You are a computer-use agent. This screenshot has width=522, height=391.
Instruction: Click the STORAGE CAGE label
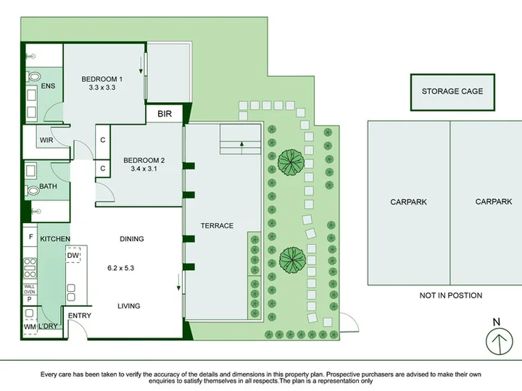(x=452, y=91)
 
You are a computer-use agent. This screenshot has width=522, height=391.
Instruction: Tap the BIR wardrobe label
(x=165, y=114)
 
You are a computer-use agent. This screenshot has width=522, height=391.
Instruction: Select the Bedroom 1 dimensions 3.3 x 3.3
(x=102, y=88)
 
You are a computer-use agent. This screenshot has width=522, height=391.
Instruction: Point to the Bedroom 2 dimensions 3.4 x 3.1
(x=144, y=169)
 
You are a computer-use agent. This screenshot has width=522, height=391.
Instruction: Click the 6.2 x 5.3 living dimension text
(x=120, y=268)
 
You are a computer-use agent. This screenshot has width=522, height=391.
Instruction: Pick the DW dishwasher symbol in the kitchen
(x=73, y=255)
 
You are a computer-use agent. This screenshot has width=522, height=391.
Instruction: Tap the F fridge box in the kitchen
(x=30, y=237)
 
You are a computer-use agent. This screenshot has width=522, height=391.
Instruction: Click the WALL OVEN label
(x=29, y=289)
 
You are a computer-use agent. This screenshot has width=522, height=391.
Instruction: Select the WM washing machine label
(x=30, y=327)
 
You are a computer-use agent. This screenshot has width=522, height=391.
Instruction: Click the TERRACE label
(x=217, y=226)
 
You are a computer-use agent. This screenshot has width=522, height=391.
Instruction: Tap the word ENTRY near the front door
(x=80, y=316)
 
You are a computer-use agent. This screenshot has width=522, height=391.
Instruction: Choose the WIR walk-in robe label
(x=46, y=140)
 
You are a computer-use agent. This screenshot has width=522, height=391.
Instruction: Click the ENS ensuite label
(x=48, y=86)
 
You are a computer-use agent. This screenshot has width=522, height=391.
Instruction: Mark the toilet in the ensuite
(x=33, y=77)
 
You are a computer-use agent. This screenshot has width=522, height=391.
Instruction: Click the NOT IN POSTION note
(x=451, y=295)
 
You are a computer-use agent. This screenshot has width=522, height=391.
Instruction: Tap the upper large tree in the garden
(x=291, y=163)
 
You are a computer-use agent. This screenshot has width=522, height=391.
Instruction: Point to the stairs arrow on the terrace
(x=241, y=148)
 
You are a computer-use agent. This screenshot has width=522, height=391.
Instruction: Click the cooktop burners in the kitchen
(x=30, y=268)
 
